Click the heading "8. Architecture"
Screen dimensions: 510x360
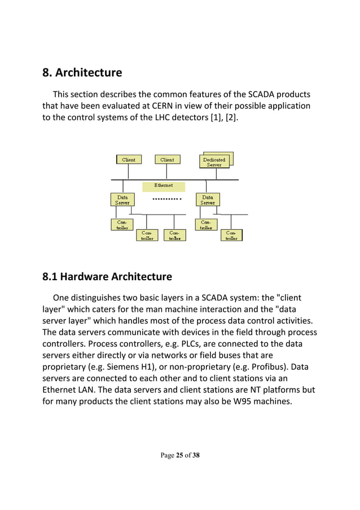tap(82, 73)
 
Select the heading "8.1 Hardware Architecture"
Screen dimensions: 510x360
tap(107, 277)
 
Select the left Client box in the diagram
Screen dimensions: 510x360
tap(129, 160)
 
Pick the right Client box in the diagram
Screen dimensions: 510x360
tap(167, 160)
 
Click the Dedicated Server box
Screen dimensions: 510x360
tap(214, 162)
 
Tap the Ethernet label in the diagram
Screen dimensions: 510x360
tap(163, 185)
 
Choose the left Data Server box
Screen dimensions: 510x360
tap(122, 200)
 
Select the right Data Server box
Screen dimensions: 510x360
tap(208, 200)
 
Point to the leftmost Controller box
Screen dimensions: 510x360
tap(122, 225)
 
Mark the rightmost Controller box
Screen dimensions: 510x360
tap(231, 236)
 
